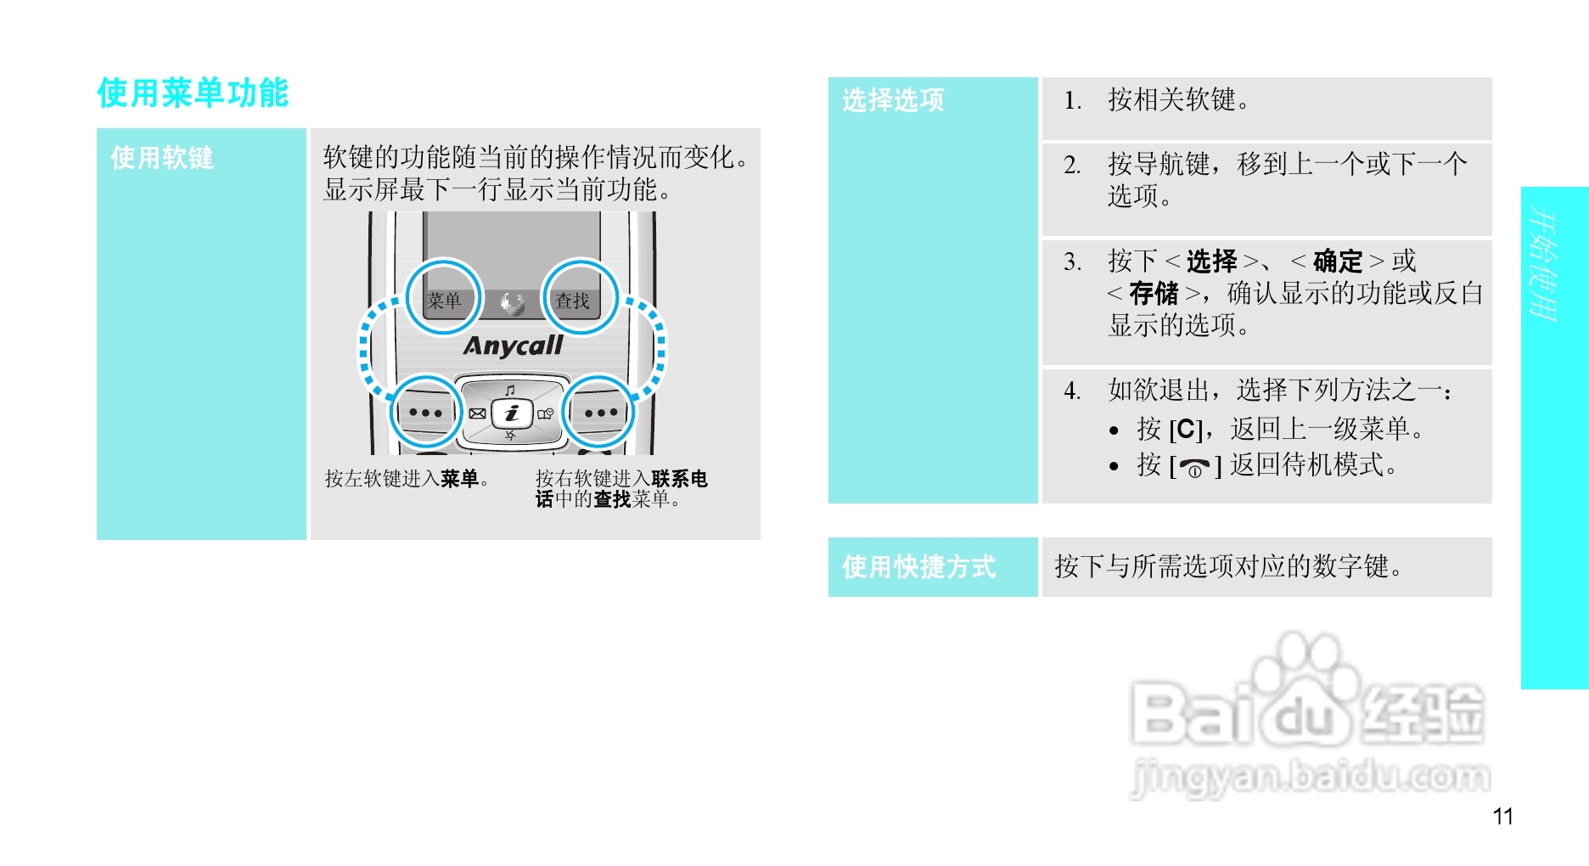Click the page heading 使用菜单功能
coord(193,93)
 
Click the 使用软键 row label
coord(162,158)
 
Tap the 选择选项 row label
coord(893,100)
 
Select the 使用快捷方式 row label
coord(918,566)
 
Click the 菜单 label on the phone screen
coord(444,301)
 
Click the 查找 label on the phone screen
coord(572,301)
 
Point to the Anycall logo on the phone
coord(513,346)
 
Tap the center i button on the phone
coord(512,413)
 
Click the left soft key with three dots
coord(425,413)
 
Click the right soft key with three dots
coord(600,413)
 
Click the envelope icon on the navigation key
coord(477,413)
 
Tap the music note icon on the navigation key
coord(510,391)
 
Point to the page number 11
coord(1502,817)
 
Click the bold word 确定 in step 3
coord(1337,261)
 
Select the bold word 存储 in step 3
coord(1154,294)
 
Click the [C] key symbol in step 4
coord(1186,430)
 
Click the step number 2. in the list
coord(1072,164)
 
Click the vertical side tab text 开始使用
coord(1544,263)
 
